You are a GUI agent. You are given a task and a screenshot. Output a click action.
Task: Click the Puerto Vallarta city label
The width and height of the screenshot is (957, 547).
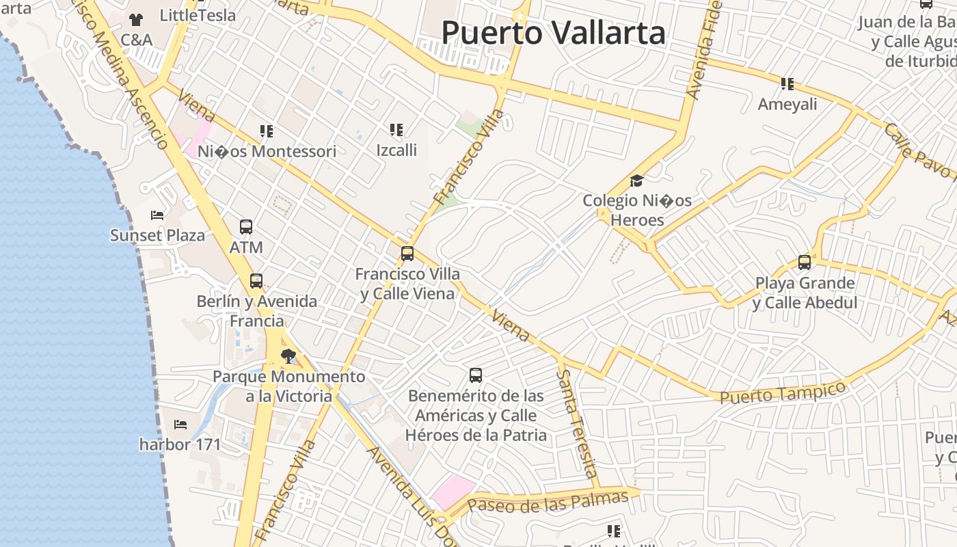[x=553, y=32]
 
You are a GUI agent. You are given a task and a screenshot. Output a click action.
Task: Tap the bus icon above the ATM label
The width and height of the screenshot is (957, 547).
[x=246, y=227]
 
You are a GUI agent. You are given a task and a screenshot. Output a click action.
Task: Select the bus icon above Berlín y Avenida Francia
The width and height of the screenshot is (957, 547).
[x=256, y=281]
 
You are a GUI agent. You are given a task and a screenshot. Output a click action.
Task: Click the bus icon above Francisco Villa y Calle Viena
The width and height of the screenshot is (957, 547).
[x=407, y=254]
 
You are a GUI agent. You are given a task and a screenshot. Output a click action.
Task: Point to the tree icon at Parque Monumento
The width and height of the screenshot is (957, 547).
[x=288, y=356]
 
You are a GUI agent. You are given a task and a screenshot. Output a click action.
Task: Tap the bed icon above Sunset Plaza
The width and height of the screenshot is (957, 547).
[x=157, y=215]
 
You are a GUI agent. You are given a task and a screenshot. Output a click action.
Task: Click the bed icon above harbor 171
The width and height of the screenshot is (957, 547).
[x=180, y=425]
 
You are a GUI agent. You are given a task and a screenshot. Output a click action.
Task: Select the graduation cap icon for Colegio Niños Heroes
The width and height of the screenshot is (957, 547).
[x=637, y=181]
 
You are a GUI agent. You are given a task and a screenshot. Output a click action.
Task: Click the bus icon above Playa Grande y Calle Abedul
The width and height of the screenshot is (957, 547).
[x=805, y=263]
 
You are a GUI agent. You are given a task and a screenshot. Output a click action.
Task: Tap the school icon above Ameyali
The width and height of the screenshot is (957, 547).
[x=787, y=84]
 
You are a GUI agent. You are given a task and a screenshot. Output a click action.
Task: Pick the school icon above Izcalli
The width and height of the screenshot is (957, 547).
[x=396, y=129]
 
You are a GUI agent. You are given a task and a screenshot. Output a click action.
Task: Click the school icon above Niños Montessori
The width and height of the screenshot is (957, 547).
[x=267, y=131]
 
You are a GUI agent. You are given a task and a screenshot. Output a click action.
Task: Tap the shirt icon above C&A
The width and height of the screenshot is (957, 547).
[x=136, y=20]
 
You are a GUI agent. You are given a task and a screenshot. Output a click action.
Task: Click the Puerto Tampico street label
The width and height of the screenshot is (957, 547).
[x=783, y=392]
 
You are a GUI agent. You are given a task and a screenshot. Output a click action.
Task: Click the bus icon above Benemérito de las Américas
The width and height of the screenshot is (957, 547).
[x=476, y=375]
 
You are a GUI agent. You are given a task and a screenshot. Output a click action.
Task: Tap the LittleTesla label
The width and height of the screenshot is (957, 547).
[x=198, y=15]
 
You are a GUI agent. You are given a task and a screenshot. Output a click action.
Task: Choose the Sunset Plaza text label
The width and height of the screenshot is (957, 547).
[x=158, y=236]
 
